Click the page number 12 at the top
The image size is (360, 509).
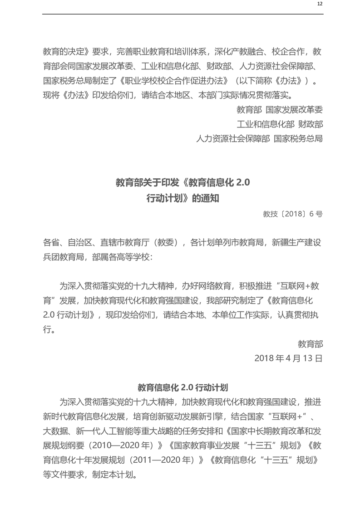pos(320,4)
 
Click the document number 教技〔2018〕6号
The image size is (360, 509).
pos(293,214)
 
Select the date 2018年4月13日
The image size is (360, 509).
pos(288,358)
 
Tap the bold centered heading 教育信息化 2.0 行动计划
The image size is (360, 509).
pos(182,387)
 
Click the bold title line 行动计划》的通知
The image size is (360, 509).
pos(182,198)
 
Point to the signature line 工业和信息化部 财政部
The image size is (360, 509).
pos(280,124)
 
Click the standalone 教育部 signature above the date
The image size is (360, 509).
pos(311,343)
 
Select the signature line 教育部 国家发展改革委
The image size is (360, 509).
pos(280,110)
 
